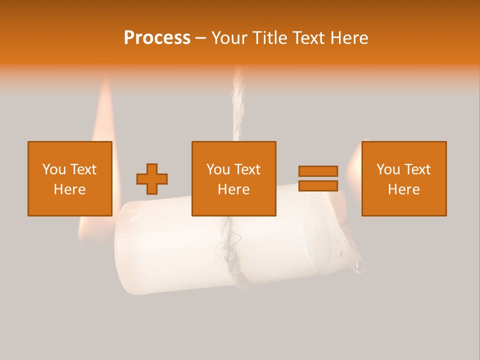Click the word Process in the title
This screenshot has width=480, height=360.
tap(157, 38)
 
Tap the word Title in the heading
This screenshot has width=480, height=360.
tap(269, 38)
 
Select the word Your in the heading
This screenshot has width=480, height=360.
tap(229, 38)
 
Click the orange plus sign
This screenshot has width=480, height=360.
tap(152, 179)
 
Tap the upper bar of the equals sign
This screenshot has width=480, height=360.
tap(318, 171)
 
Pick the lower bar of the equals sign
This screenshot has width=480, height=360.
tap(318, 185)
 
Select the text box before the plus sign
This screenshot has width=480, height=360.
tap(69, 178)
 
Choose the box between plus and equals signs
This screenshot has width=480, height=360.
tap(233, 178)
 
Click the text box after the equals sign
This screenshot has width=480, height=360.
tap(403, 178)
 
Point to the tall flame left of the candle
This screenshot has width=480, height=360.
tap(104, 115)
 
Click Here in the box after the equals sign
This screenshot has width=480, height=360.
tap(403, 189)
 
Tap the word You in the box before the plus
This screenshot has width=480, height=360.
tap(54, 169)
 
